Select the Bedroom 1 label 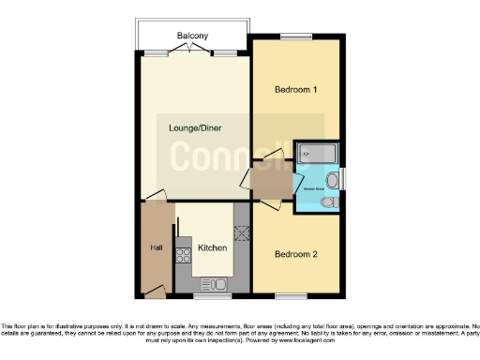pos(295,90)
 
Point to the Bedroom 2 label pos(295,254)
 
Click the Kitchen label pos(212,248)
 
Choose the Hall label pos(157,247)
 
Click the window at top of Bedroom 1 pos(295,37)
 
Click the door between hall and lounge pos(155,196)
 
